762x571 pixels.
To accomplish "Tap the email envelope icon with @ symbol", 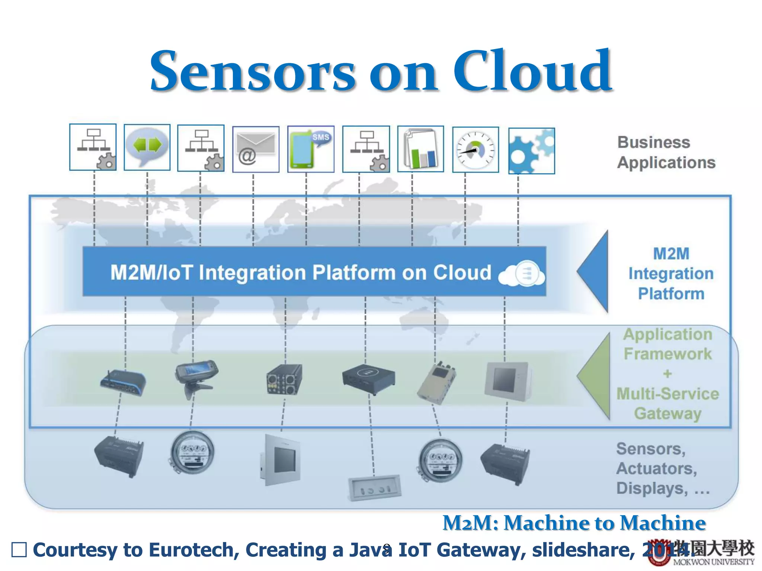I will click(256, 149).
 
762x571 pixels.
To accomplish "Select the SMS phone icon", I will click(311, 149).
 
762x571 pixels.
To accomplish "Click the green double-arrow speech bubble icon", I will click(147, 147).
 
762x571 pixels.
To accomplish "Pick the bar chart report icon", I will click(420, 149).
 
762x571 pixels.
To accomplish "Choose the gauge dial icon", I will click(476, 150).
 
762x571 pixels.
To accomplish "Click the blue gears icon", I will click(531, 151).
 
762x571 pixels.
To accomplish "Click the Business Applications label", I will click(666, 152).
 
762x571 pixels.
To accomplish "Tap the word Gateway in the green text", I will click(667, 413).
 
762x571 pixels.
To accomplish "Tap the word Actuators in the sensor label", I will click(656, 468).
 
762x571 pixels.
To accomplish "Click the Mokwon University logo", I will click(699, 552).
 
